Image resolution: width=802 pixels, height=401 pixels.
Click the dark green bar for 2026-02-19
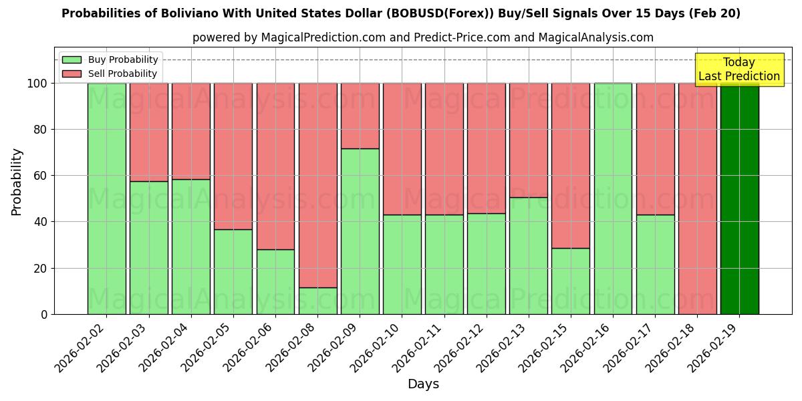tap(739, 198)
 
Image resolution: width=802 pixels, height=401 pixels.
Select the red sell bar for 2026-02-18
tap(697, 198)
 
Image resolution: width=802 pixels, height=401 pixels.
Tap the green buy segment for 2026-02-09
tap(360, 231)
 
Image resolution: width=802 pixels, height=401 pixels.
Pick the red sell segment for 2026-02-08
tap(317, 185)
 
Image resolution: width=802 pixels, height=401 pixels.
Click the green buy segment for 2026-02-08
tap(317, 301)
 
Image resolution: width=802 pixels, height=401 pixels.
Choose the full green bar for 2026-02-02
tap(106, 198)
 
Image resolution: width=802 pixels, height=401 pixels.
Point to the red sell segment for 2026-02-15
tap(571, 166)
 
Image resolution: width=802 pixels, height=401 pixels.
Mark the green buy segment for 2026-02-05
tap(233, 271)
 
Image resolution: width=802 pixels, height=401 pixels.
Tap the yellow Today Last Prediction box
tap(739, 70)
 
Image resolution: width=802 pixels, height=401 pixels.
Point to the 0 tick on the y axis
tap(44, 314)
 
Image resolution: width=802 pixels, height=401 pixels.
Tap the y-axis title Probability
tap(17, 182)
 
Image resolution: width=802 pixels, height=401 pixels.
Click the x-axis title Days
tap(423, 384)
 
